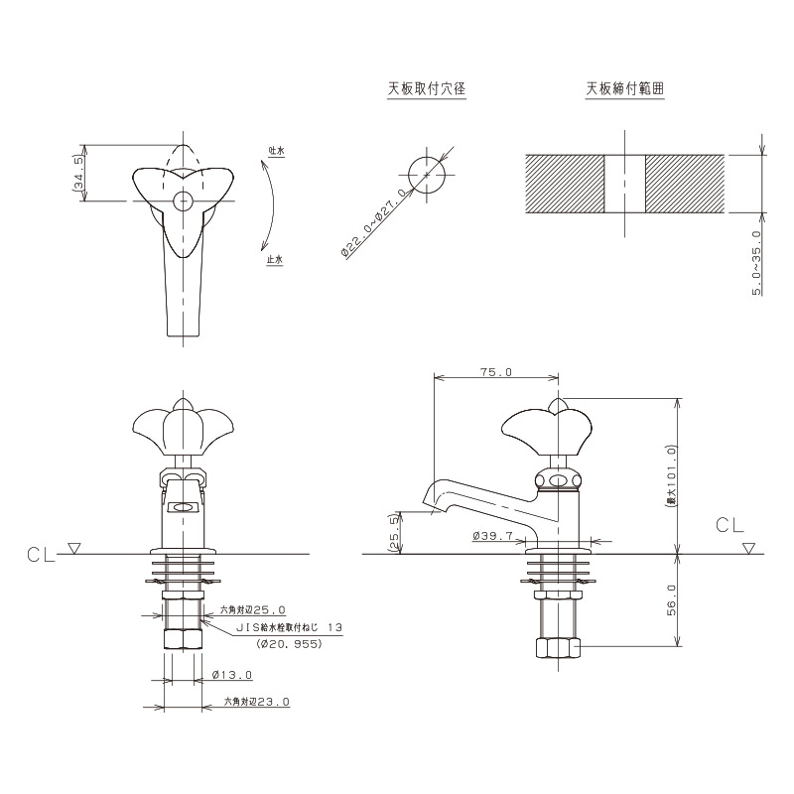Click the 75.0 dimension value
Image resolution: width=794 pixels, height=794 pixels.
click(496, 372)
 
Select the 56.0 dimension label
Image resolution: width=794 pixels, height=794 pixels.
click(672, 600)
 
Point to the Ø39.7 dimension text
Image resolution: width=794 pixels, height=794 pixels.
click(492, 535)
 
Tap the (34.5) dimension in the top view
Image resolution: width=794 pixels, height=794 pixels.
click(78, 173)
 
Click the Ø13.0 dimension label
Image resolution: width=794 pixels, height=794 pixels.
click(232, 675)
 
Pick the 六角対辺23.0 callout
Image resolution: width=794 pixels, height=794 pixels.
click(257, 702)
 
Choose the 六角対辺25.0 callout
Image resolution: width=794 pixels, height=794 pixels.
click(253, 610)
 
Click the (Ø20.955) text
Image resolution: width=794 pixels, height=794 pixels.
click(289, 644)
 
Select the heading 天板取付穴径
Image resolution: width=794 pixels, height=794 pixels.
click(427, 89)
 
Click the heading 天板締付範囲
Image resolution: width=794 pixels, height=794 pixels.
click(625, 89)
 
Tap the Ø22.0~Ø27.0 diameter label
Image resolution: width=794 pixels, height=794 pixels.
click(374, 223)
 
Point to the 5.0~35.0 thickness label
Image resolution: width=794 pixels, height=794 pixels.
click(756, 262)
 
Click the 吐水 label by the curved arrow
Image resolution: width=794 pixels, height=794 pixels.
click(277, 151)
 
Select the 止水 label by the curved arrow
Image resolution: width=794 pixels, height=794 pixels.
click(275, 260)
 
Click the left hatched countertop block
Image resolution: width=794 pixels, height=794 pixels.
click(565, 184)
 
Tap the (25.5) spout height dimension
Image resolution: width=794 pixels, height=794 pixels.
click(394, 533)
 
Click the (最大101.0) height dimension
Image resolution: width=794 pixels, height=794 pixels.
click(672, 476)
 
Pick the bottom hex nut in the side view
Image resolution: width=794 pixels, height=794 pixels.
click(558, 648)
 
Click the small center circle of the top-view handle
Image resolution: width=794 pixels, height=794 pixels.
click(183, 201)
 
